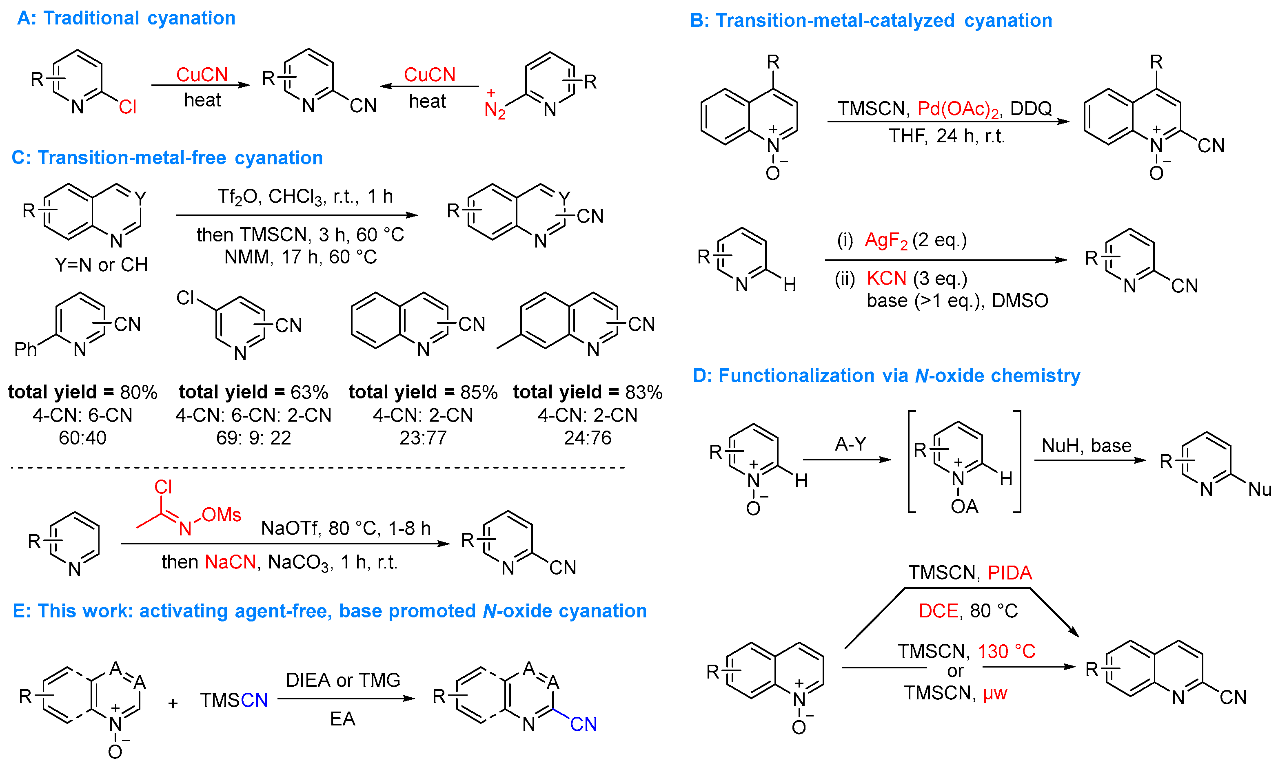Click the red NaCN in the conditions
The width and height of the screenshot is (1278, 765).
coord(230,562)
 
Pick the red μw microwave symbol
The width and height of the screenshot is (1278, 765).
coord(994,693)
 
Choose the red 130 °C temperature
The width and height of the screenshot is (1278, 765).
coord(1006,652)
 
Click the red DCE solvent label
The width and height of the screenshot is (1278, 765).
coord(938,611)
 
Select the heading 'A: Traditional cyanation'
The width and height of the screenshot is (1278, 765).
coord(126,18)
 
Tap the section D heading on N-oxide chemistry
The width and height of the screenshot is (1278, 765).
coord(886,376)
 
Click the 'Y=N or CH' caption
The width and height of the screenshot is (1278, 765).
coord(101,265)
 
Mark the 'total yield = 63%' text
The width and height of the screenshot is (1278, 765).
coord(253,392)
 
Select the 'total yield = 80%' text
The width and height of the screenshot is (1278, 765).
coord(82,392)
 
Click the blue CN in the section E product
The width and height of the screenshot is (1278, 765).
coord(583,724)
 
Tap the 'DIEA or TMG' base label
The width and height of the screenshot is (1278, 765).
coord(343,681)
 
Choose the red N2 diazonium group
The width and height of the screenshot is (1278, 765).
coord(494,109)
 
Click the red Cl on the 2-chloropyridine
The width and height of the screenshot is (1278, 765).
coord(127,107)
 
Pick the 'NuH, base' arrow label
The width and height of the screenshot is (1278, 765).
coord(1086,445)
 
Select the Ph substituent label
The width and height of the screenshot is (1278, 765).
coord(25,349)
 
